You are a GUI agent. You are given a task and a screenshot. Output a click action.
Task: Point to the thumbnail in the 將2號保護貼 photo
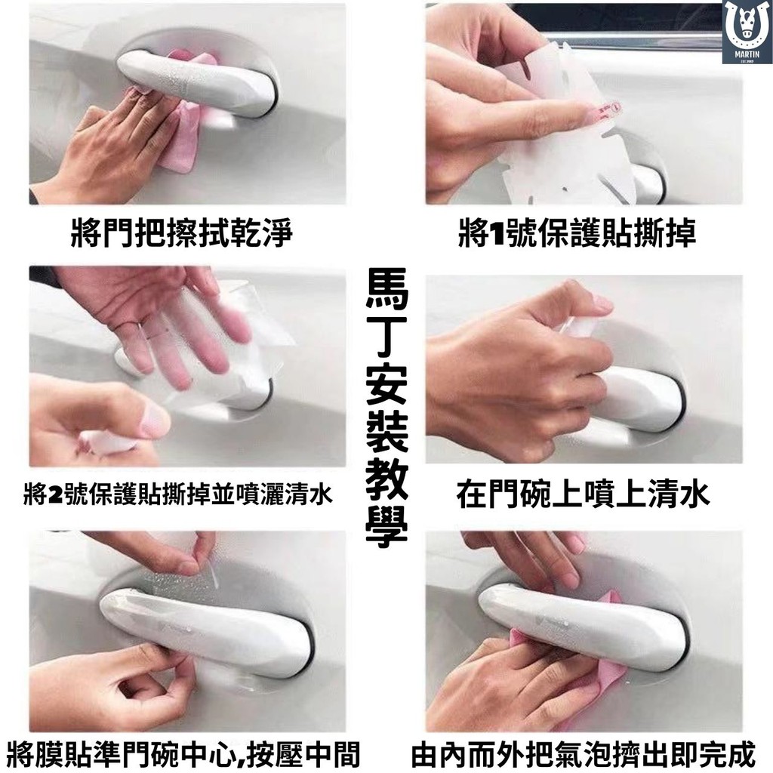coord(157,420)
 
